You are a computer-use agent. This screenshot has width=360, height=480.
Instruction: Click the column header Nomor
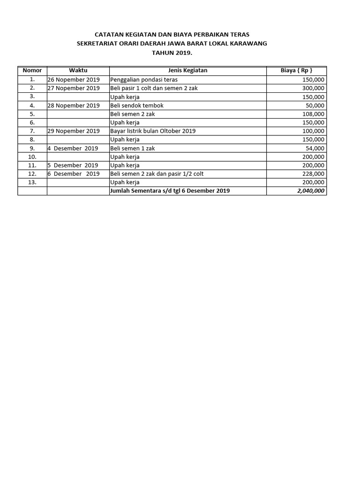pos(32,70)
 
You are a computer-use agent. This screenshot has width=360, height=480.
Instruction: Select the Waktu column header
pos(78,70)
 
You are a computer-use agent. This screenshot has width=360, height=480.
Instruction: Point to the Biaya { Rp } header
pos(296,70)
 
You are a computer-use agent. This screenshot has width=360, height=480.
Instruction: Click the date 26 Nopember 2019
pos(74,80)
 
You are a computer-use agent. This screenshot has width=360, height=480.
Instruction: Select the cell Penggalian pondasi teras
pos(144,80)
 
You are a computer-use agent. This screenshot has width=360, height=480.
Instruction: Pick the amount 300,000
pos(313,88)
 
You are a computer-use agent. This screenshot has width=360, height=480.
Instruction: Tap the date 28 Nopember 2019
pos(74,105)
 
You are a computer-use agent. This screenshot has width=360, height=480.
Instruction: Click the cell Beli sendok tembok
pos(137,105)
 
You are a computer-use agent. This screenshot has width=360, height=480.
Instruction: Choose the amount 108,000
pos(313,114)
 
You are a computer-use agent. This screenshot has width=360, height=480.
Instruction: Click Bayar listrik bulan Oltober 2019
pos(153,131)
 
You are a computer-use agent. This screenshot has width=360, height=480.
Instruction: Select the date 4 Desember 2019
pos(73,148)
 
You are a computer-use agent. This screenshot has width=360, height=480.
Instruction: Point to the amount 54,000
pos(315,148)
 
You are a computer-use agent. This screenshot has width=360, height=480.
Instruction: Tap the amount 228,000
pos(313,174)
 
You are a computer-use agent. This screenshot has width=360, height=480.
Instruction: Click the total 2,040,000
pos(311,191)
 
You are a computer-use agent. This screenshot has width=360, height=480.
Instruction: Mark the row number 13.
pos(32,182)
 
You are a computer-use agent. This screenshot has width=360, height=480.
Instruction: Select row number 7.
pos(32,131)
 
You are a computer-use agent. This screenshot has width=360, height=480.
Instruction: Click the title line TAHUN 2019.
pos(172,53)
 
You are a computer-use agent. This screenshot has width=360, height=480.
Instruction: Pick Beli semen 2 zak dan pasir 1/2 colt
pos(157,174)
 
